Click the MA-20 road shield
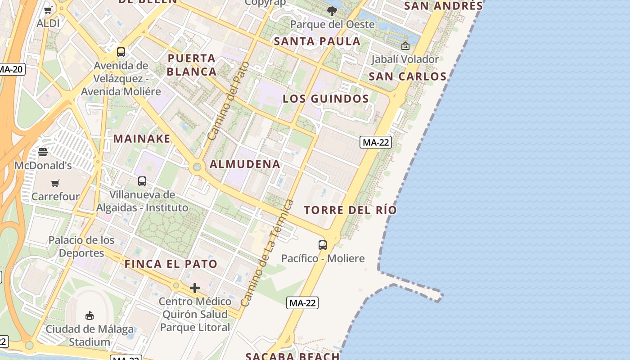[x=11, y=69]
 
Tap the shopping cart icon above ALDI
[x=48, y=10]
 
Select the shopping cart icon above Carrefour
[x=55, y=183]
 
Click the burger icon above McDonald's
[x=43, y=152]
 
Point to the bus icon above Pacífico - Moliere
[x=323, y=245]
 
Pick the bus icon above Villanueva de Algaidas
[x=142, y=181]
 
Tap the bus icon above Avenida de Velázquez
[x=121, y=52]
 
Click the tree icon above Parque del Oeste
[x=332, y=11]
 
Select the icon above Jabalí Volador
[x=405, y=46]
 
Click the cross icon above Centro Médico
[x=195, y=288]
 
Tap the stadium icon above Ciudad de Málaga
[x=90, y=315]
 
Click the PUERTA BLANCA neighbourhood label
[x=192, y=65]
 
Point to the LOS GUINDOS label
[x=326, y=99]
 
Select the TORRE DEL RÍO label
[x=350, y=210]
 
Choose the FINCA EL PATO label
[x=171, y=264]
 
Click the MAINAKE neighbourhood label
[x=142, y=139]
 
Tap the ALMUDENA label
[x=245, y=164]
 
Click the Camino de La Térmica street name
[x=267, y=253]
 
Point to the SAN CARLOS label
[x=407, y=76]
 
